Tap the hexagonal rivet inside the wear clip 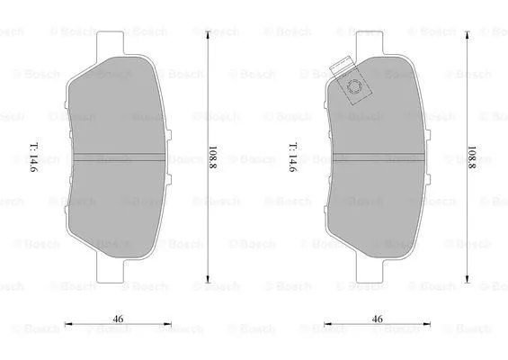point(355,89)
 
